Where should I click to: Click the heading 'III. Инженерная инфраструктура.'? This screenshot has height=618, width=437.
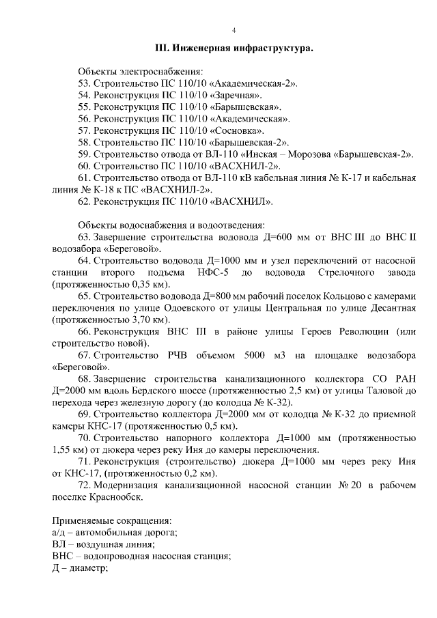234,49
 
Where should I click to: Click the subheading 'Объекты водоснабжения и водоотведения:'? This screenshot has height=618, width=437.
171,225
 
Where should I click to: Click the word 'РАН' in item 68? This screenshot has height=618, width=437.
403,379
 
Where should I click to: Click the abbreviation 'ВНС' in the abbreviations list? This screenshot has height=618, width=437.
61,557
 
